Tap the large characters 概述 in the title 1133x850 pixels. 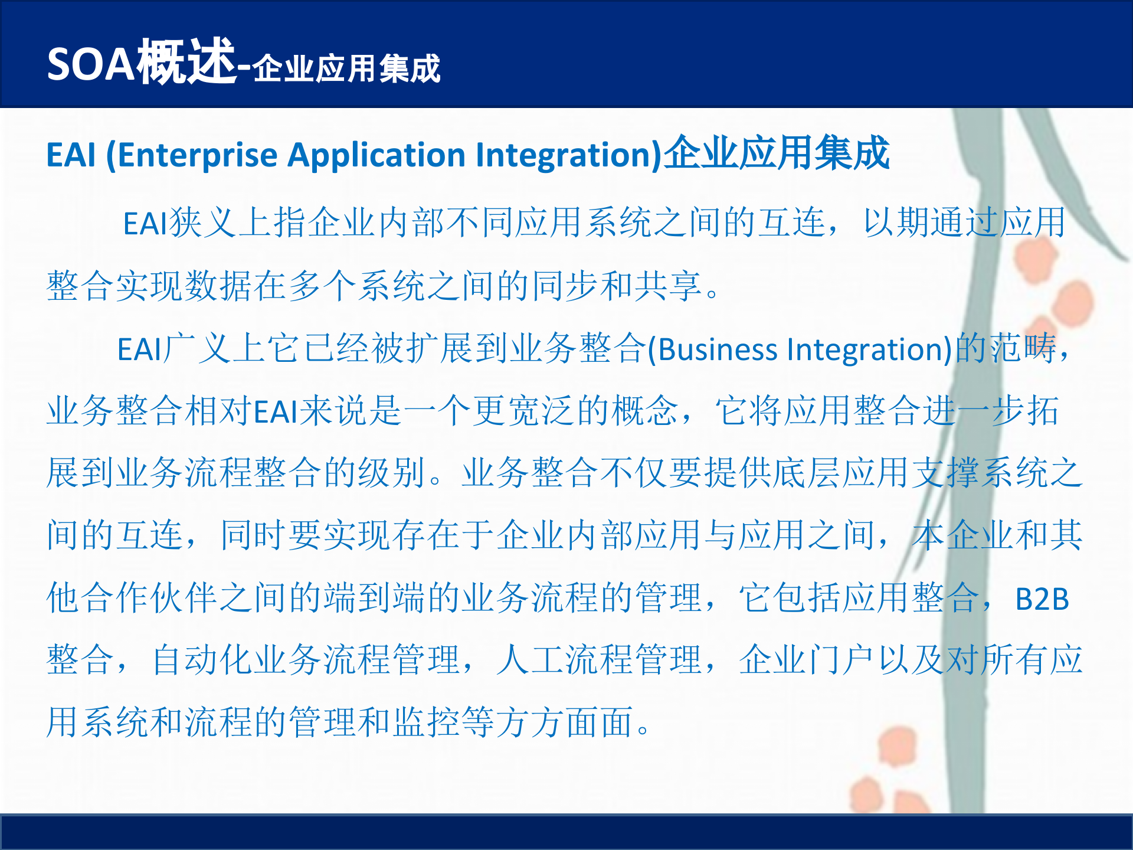pyautogui.click(x=186, y=61)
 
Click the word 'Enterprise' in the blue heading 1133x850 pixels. pyautogui.click(x=198, y=156)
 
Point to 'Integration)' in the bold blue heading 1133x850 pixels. pyautogui.click(x=569, y=156)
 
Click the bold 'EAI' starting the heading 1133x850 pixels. pyautogui.click(x=71, y=156)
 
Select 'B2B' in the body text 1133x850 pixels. pyautogui.click(x=1042, y=600)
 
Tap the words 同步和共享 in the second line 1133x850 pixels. pyautogui.click(x=616, y=287)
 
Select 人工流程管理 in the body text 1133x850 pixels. pyautogui.click(x=599, y=660)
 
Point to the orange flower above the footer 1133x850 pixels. pyautogui.click(x=897, y=747)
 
